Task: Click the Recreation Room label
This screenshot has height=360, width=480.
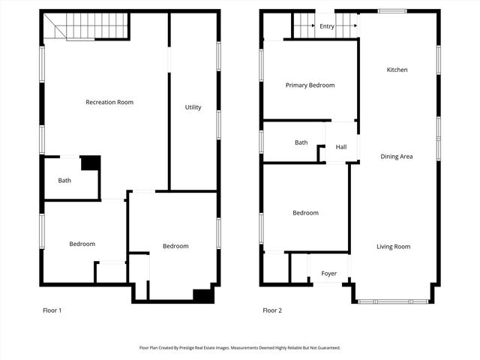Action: (x=109, y=102)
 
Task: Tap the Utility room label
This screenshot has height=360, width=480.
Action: (x=193, y=107)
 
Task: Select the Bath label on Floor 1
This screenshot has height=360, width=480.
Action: (x=64, y=180)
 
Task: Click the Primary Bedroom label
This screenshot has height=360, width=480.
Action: (x=310, y=85)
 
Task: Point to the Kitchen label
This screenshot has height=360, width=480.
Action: (x=397, y=70)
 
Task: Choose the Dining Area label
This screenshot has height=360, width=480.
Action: (x=397, y=156)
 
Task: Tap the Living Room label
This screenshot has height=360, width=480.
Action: (x=393, y=246)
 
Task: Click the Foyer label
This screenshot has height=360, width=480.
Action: (x=328, y=274)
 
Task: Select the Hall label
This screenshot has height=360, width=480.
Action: (x=341, y=147)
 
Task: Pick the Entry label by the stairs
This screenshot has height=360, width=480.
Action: (x=326, y=26)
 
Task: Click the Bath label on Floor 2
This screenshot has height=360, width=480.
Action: (x=301, y=142)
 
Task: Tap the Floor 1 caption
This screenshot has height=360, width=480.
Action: (x=52, y=310)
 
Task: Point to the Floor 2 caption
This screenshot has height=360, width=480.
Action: (x=271, y=310)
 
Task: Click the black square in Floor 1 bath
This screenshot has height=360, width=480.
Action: (x=90, y=162)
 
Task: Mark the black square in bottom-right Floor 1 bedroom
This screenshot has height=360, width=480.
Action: (x=202, y=295)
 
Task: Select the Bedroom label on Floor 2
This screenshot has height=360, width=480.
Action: (x=305, y=213)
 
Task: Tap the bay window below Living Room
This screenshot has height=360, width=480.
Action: (x=393, y=301)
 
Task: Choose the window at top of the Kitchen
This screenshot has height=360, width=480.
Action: (x=391, y=11)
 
